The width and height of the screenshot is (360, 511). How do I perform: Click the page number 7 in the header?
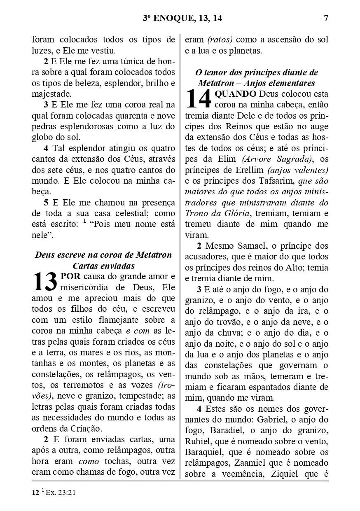(x=326, y=18)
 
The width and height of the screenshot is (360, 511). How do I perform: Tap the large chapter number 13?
(x=44, y=281)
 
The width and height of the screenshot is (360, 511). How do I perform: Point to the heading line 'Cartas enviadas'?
(x=103, y=266)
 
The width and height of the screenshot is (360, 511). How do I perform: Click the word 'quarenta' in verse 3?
(x=121, y=116)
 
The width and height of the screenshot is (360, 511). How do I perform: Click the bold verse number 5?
(x=46, y=203)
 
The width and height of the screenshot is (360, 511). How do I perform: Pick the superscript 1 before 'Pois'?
(x=84, y=222)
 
